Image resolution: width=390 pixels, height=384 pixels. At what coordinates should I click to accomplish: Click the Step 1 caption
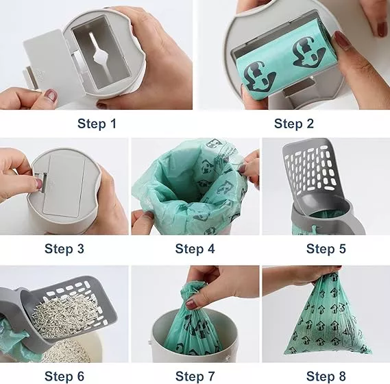(x=97, y=123)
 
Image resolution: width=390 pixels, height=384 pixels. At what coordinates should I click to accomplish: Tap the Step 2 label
(x=294, y=123)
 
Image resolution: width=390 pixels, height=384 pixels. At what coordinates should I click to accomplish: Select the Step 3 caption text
(x=64, y=249)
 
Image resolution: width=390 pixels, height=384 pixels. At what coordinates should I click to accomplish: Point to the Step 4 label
(x=195, y=249)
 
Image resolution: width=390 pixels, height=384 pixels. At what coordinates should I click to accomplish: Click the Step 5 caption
(x=326, y=249)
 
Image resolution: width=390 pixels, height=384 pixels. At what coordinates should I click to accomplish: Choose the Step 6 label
(x=64, y=376)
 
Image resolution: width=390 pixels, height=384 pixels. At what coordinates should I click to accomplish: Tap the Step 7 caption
(x=195, y=376)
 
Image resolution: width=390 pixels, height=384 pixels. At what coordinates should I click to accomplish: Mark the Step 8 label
(x=326, y=376)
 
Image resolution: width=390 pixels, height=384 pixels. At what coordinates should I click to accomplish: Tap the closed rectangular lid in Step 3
(x=64, y=184)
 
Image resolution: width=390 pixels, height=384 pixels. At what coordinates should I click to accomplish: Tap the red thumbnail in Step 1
(x=51, y=95)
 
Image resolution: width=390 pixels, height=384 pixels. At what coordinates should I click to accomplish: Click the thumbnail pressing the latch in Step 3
(x=39, y=184)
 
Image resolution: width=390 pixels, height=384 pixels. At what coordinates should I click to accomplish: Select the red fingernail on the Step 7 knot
(x=191, y=304)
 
